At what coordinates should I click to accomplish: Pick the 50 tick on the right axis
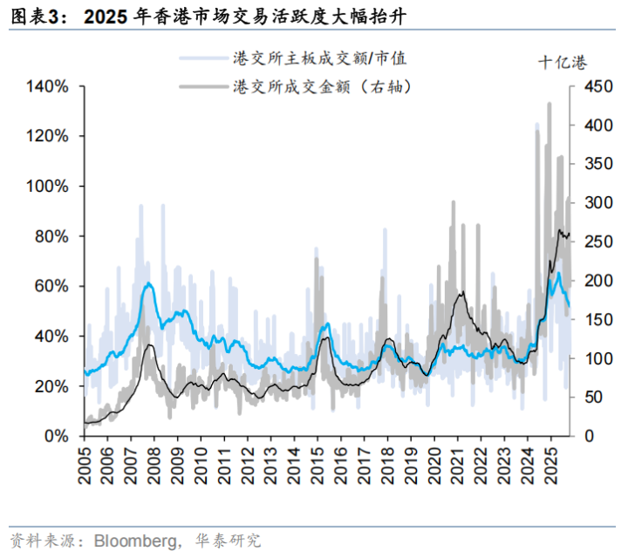click(x=590, y=397)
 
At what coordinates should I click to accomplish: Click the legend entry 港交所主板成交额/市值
click(x=318, y=58)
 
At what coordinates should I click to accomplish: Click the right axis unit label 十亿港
click(x=562, y=62)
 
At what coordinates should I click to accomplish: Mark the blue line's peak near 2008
click(x=149, y=283)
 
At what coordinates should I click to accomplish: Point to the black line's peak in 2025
click(x=559, y=230)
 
